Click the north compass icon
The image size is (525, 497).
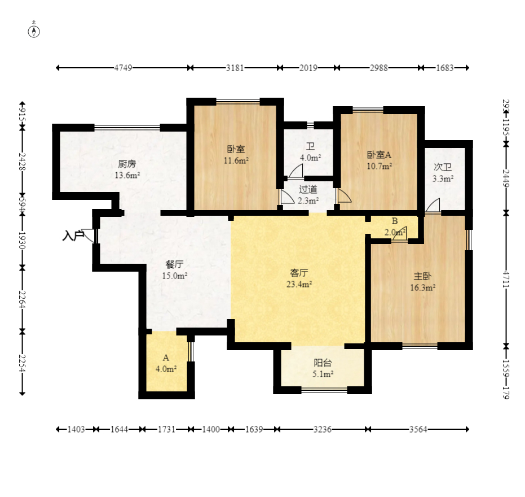(34, 30)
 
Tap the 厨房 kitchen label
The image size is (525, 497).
(127, 164)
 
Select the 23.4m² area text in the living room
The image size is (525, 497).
(299, 285)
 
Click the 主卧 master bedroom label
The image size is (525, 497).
(422, 276)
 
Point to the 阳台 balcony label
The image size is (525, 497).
(323, 363)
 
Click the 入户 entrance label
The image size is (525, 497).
(73, 236)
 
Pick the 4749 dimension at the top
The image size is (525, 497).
(123, 68)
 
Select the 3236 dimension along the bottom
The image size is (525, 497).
(322, 429)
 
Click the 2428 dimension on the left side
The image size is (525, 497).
(22, 162)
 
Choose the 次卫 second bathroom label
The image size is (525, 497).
(443, 167)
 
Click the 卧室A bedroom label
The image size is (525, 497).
(379, 155)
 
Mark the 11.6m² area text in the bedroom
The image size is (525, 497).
(236, 160)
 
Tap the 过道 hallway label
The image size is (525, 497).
(308, 189)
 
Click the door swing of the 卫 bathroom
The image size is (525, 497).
(295, 171)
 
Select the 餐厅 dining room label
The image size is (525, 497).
(174, 265)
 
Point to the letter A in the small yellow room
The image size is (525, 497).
(166, 358)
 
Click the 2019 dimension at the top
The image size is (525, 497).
(308, 68)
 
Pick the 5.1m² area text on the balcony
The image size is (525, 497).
(323, 374)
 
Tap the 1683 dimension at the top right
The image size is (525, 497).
(444, 68)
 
